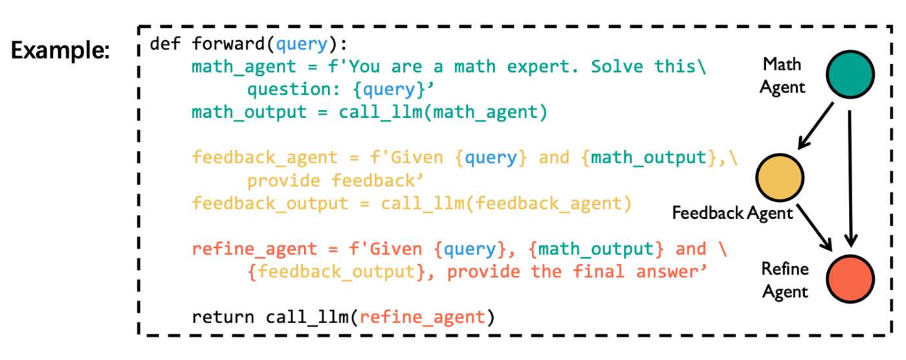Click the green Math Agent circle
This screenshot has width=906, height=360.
coord(850,74)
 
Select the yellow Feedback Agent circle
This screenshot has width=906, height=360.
coord(779,177)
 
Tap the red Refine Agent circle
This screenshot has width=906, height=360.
coord(850,279)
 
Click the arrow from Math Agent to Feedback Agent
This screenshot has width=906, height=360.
coord(816,126)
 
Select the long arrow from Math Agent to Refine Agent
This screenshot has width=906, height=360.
coord(850,179)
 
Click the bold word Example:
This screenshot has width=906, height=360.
coord(60,50)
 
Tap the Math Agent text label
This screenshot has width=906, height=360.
coord(782,76)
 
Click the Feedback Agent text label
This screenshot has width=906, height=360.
coord(732,213)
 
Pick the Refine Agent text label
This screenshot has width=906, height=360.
coord(785,280)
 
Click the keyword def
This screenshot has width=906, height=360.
coord(165,43)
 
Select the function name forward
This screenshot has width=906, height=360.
coord(228,43)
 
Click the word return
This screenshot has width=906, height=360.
coord(223,317)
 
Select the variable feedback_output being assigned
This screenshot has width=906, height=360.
coord(271,203)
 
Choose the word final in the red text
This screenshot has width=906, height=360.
coord(599,271)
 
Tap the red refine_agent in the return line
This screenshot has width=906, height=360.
coord(422,317)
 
